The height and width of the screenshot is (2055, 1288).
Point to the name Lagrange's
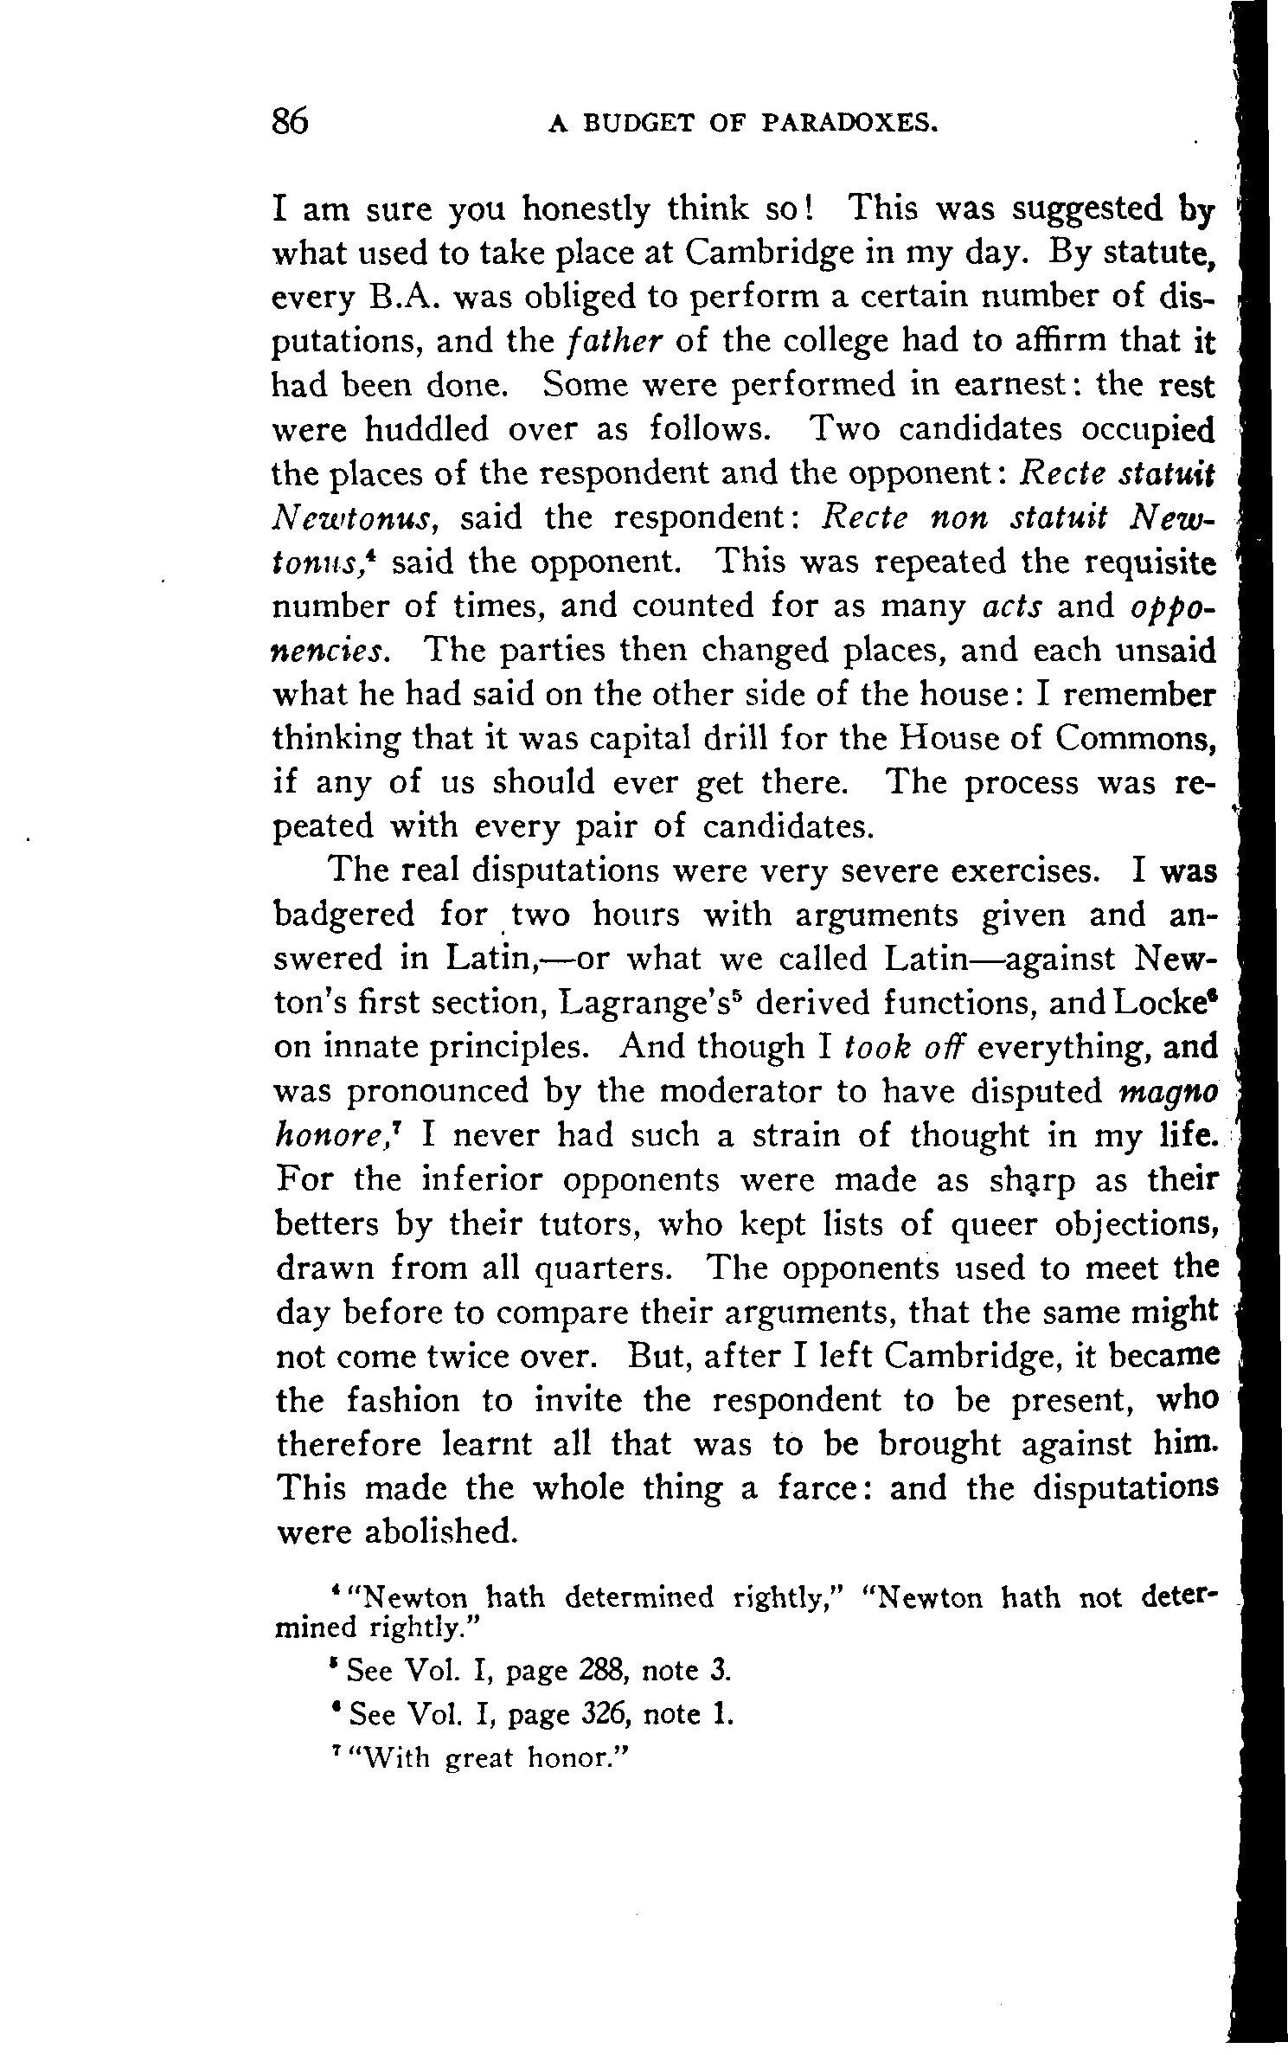click(650, 1003)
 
